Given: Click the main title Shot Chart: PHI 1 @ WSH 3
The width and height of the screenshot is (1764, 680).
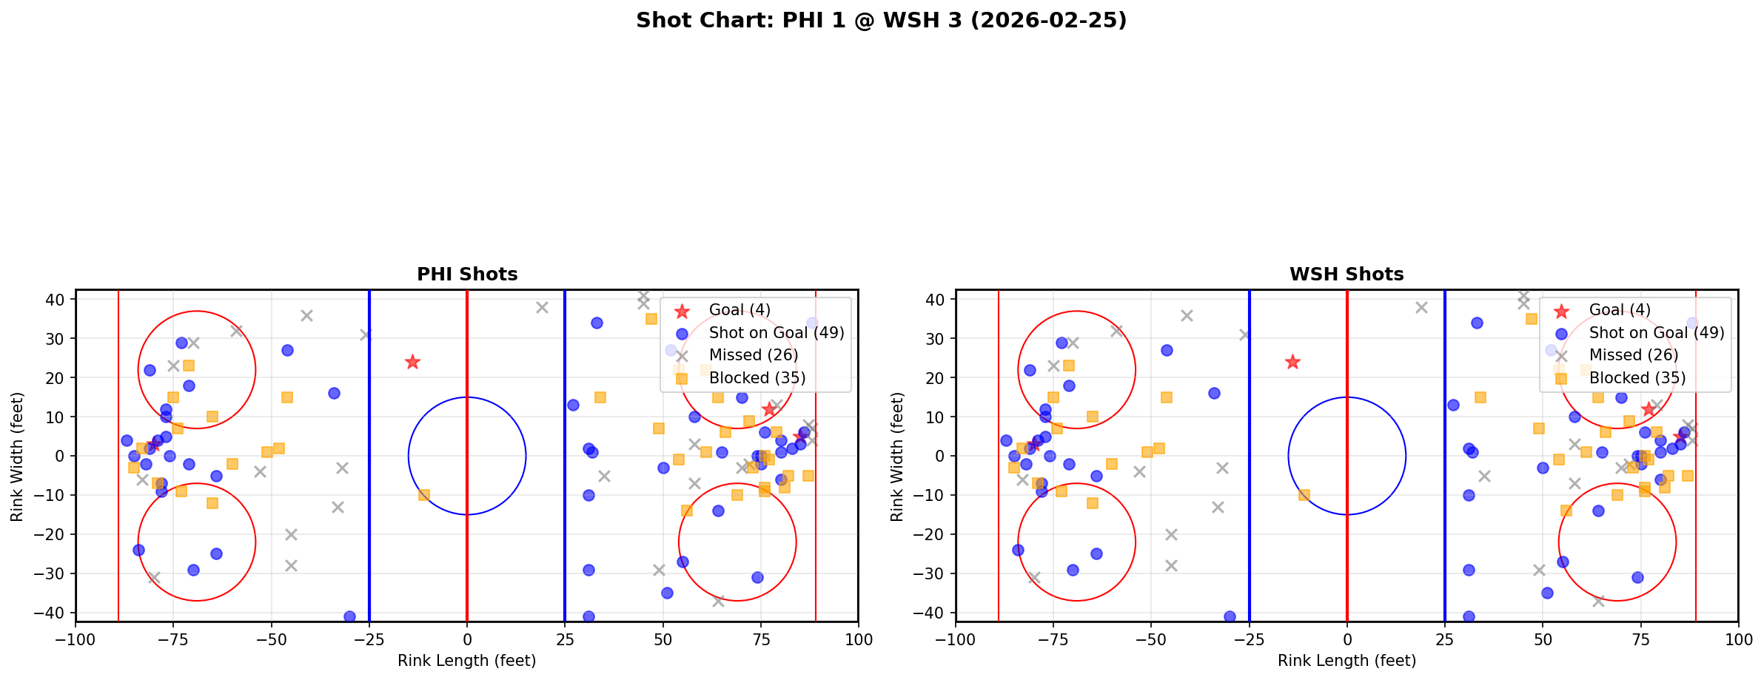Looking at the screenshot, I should (881, 21).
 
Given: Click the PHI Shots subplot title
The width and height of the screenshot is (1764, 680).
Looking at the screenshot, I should (467, 275).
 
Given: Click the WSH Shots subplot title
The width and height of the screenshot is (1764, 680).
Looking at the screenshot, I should (1347, 275).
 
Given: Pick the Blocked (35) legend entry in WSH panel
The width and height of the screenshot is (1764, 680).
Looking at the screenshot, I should (1637, 378).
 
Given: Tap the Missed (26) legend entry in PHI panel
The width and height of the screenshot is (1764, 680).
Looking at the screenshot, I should (753, 355).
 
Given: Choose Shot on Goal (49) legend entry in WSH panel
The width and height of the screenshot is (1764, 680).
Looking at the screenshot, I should (1656, 333).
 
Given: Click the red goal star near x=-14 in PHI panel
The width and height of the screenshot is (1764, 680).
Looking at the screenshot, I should (412, 362).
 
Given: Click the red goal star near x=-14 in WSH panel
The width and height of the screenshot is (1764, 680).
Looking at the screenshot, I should (1292, 362).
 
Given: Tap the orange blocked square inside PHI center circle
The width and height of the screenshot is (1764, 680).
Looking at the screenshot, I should (424, 495).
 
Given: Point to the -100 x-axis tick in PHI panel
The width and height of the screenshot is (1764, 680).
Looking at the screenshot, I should (76, 639).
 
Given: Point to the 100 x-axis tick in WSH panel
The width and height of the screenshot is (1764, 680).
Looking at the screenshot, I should (1737, 639).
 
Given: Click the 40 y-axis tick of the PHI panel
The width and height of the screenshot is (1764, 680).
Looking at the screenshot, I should (58, 300).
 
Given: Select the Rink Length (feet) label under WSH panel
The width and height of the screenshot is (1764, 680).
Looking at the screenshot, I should (1347, 661).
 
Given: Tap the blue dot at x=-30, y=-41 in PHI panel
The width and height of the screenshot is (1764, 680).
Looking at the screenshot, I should (349, 616).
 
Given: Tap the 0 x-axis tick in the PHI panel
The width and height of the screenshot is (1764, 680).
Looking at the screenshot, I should (467, 639).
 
